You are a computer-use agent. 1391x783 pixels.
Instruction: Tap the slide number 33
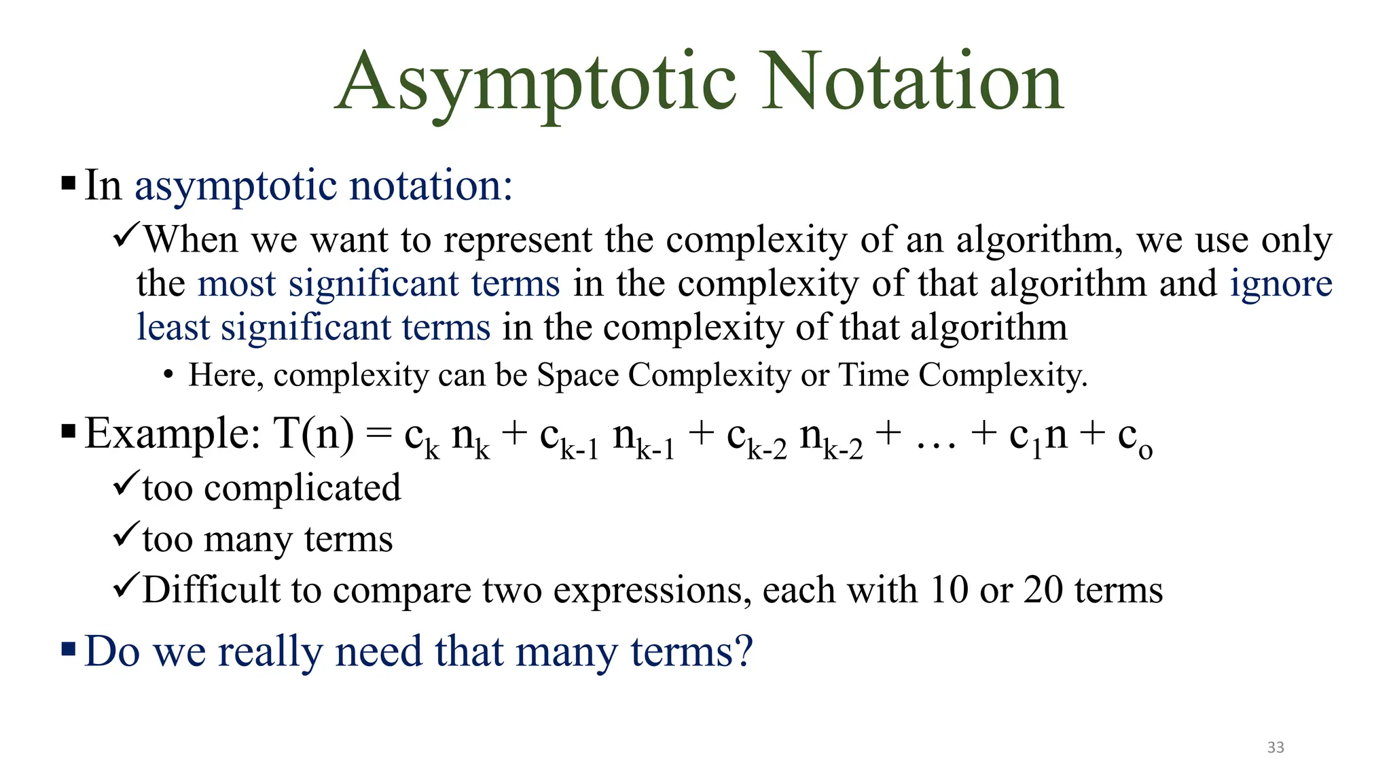click(x=1276, y=748)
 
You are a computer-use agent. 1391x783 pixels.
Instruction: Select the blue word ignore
click(x=1281, y=283)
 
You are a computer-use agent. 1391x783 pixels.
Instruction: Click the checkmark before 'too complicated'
click(x=126, y=483)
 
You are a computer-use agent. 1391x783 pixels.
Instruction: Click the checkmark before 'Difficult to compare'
click(x=126, y=585)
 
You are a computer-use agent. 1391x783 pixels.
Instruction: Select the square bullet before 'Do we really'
click(x=69, y=649)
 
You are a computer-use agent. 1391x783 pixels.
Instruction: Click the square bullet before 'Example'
click(x=69, y=432)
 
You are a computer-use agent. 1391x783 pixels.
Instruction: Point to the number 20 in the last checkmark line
click(x=1043, y=589)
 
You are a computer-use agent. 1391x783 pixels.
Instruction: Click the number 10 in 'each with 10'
click(x=949, y=589)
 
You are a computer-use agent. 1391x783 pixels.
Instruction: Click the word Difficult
click(x=211, y=589)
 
